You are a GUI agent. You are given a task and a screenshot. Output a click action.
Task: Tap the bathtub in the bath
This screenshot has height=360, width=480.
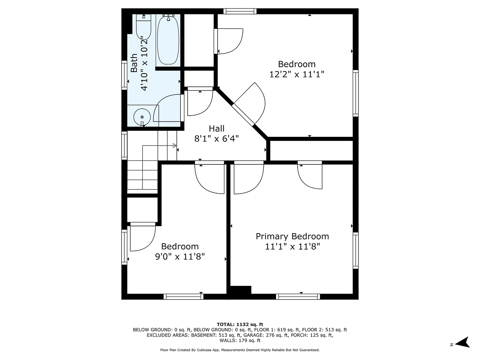pos(168,40)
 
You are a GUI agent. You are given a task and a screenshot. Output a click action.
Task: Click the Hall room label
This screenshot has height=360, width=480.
pos(216,128)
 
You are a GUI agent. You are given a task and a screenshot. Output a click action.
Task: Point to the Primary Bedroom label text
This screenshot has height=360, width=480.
pos(292,236)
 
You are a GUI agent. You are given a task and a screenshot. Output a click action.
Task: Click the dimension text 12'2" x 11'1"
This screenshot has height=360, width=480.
pos(296,74)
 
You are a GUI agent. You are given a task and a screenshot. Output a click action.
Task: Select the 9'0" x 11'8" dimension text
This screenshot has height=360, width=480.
pos(180,256)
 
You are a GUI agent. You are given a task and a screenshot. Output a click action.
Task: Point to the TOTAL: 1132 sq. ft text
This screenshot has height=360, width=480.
pos(240,324)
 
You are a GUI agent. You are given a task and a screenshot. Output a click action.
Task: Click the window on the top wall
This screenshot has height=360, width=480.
pos(240,11)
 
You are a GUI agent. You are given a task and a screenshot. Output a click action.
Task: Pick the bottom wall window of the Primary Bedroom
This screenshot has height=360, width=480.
pos(298,296)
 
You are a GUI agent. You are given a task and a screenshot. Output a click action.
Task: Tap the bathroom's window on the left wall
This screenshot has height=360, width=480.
pos(124,74)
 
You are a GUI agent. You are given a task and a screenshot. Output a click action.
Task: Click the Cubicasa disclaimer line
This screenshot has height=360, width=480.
pos(240,350)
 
